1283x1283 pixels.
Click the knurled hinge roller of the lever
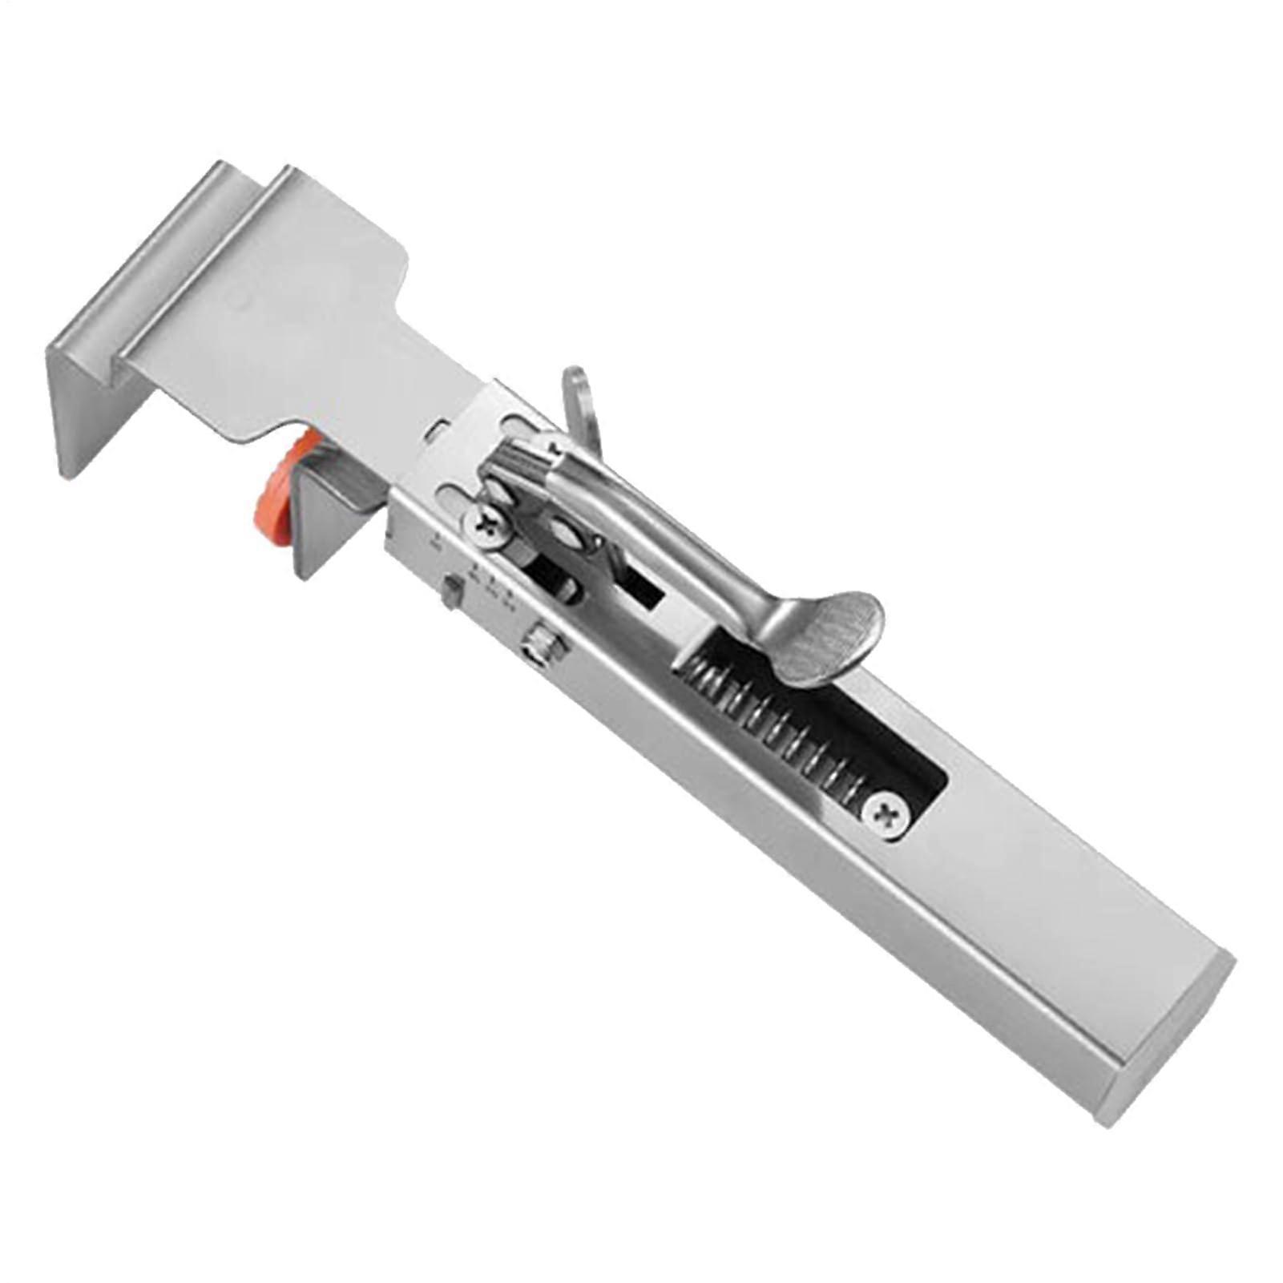tap(513, 462)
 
